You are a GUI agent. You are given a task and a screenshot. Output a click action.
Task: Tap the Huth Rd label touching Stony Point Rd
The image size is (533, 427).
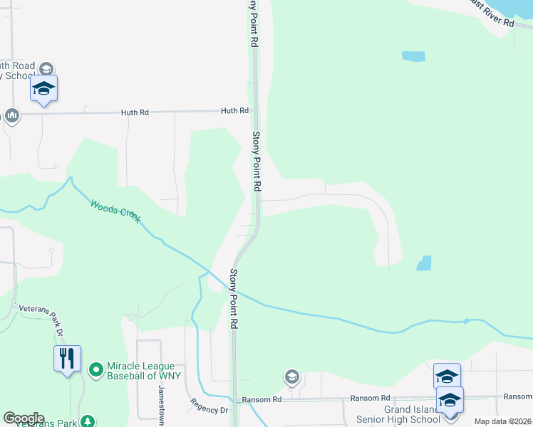[234, 111]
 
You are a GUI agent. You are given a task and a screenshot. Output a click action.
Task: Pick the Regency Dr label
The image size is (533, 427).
[209, 406]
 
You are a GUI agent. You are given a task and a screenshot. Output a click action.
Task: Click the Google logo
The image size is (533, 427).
[24, 418]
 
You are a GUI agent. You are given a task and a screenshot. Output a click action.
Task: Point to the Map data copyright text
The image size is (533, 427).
[503, 421]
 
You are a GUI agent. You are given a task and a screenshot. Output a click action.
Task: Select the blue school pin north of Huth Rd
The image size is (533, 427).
[43, 89]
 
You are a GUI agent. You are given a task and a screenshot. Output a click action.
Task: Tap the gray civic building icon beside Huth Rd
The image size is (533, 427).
[11, 115]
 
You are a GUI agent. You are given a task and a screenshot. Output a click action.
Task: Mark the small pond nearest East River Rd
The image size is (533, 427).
[413, 56]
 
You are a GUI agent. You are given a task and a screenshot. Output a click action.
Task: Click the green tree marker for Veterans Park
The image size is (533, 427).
[88, 421]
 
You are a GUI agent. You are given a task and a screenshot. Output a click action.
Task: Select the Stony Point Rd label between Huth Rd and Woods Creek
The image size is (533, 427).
[257, 160]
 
